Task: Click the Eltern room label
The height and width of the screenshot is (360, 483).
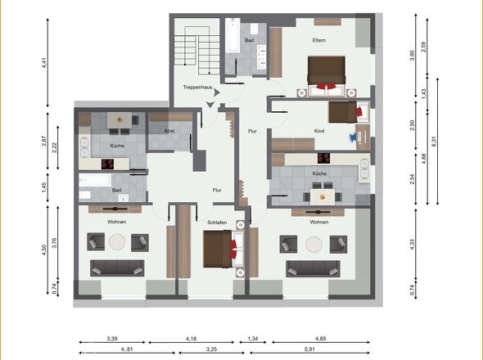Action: pos(319,40)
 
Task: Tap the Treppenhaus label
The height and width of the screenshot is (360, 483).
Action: pos(197,86)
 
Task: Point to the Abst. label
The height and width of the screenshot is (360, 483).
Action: pos(169,131)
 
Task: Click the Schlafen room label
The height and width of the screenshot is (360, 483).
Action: pos(217,222)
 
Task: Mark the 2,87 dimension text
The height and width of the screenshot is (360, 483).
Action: pos(56,141)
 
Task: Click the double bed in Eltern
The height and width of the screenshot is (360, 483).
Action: pos(327,71)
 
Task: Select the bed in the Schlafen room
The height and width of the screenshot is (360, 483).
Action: pos(219,249)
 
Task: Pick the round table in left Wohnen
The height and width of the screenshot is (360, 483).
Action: pos(118,242)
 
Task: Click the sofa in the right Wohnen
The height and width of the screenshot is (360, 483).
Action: pos(312,268)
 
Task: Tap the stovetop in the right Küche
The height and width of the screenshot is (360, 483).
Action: pos(323,159)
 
